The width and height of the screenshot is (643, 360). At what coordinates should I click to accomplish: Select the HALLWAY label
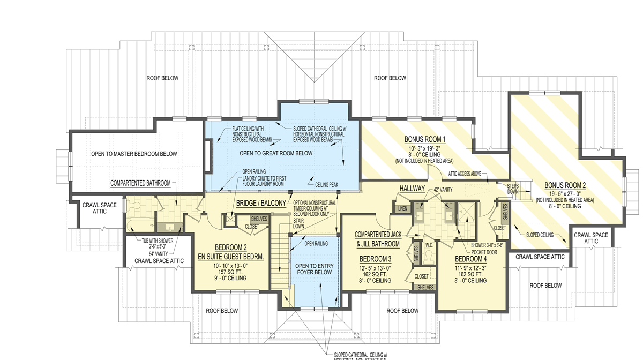coord(412,189)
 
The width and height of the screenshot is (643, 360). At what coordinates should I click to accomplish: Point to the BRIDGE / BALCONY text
coord(261,204)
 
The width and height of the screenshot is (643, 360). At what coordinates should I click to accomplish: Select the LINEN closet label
coord(401,208)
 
